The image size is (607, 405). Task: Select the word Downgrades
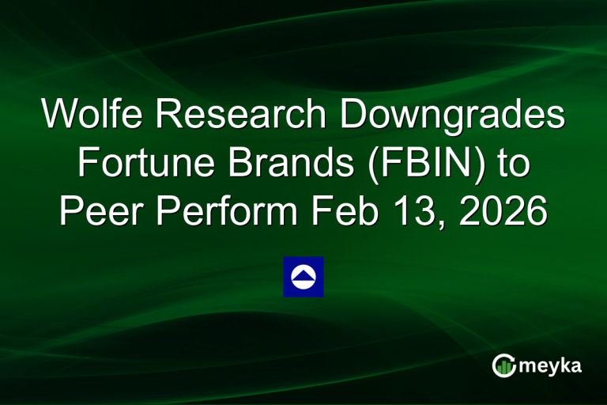pyautogui.click(x=446, y=115)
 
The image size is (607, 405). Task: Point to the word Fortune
pyautogui.click(x=132, y=165)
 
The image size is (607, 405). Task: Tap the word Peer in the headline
pyautogui.click(x=101, y=214)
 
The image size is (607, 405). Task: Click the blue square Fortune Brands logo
pyautogui.click(x=303, y=277)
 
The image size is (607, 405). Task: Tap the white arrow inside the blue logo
pyautogui.click(x=303, y=275)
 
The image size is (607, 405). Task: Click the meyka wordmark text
pyautogui.click(x=551, y=365)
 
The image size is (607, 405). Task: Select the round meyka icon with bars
pyautogui.click(x=504, y=365)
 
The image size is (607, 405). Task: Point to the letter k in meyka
pyautogui.click(x=564, y=365)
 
